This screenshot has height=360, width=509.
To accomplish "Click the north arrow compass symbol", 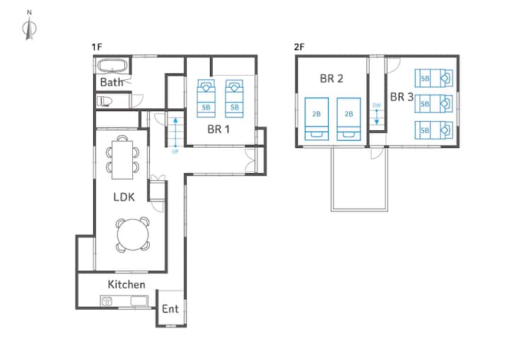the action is pyautogui.click(x=30, y=28).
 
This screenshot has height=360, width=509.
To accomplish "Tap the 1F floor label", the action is pyautogui.click(x=96, y=47).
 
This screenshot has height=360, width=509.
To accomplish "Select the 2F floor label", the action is pyautogui.click(x=299, y=47).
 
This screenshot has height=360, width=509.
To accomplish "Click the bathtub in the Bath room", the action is pyautogui.click(x=112, y=66).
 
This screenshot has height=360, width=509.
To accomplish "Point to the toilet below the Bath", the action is pyautogui.click(x=104, y=101).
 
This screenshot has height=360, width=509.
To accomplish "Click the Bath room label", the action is pyautogui.click(x=112, y=82).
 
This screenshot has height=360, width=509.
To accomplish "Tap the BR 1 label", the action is pyautogui.click(x=218, y=129).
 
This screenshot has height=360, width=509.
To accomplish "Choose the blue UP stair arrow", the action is pyautogui.click(x=175, y=132).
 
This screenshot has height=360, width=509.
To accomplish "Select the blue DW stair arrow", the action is pyautogui.click(x=377, y=117).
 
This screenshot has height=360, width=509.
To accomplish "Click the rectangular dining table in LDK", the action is pyautogui.click(x=122, y=160).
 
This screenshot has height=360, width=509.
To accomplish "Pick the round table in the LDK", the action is pyautogui.click(x=133, y=235).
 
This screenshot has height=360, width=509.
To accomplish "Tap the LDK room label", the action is pyautogui.click(x=124, y=197).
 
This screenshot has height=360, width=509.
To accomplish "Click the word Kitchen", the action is pyautogui.click(x=127, y=284).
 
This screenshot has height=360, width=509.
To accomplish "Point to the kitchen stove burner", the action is pyautogui.click(x=107, y=301).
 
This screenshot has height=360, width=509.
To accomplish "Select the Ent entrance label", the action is pyautogui.click(x=170, y=309).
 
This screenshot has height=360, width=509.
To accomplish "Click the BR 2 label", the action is pyautogui.click(x=332, y=79).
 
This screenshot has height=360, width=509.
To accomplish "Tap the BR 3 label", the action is pyautogui.click(x=402, y=97).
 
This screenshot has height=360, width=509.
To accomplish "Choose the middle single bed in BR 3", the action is pyautogui.click(x=433, y=104).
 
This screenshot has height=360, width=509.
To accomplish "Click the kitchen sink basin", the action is pyautogui.click(x=139, y=301).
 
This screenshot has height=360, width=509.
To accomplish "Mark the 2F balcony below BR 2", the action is pyautogui.click(x=359, y=179).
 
